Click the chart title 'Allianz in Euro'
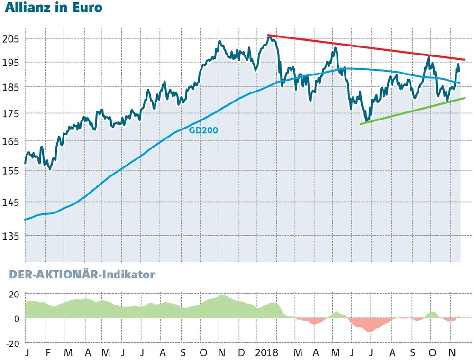coord(53,9)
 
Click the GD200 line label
coord(203,130)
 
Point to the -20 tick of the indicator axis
coord(12,343)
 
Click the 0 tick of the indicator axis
coord(17,319)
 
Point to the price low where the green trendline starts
coord(365,120)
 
